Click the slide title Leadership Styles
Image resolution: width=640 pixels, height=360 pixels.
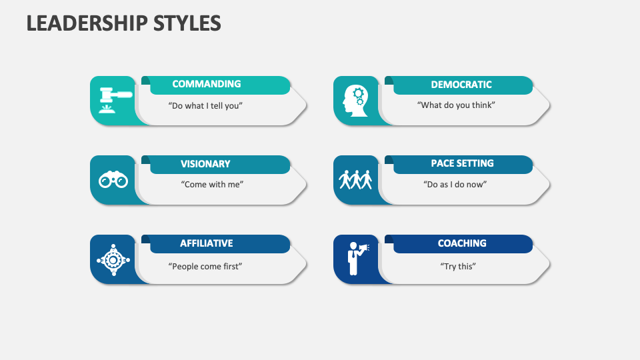pos(124,23)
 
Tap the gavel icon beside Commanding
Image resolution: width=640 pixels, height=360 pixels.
pos(114,100)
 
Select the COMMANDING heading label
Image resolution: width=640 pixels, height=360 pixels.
pos(207,84)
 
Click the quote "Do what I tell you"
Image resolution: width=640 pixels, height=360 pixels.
pos(205,105)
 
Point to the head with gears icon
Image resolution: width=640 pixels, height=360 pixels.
pos(355,101)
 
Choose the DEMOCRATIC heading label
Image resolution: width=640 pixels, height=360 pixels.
pos(461,85)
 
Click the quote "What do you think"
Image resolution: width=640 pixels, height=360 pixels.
pos(456,105)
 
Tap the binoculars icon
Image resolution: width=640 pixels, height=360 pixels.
pos(113,180)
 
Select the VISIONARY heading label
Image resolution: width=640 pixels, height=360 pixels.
pos(205,164)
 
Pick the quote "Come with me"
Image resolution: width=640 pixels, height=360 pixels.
pos(212,185)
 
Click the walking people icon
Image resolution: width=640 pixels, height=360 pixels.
pos(355,180)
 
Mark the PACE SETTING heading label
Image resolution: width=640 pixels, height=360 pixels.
pos(462,163)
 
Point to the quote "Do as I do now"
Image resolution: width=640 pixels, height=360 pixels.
pos(456,185)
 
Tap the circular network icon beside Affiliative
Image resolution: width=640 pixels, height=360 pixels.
pos(113,259)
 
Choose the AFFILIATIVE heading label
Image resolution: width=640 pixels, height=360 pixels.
pos(207,243)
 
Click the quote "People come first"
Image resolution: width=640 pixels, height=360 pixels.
pos(205,266)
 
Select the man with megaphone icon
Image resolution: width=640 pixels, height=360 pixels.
pos(356,259)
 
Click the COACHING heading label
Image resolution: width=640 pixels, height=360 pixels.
pos(462,243)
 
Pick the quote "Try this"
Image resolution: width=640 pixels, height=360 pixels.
pos(458,266)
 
